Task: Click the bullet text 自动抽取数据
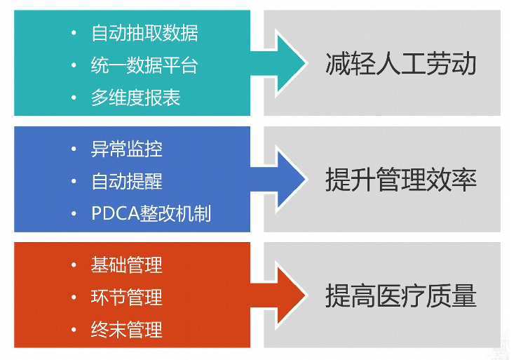[x=144, y=33]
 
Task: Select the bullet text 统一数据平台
[x=144, y=65]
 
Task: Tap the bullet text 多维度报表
[x=135, y=98]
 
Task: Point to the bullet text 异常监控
[x=126, y=149]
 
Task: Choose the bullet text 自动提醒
[x=126, y=181]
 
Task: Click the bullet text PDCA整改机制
[x=151, y=213]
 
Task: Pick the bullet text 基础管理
[x=126, y=265]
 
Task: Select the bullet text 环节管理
[x=126, y=297]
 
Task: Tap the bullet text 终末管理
[x=126, y=329]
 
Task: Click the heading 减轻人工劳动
[x=400, y=65]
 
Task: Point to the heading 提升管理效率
[x=400, y=180]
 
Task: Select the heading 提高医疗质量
[x=400, y=296]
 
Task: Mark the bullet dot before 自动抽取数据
[x=74, y=33]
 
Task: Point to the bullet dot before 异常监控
[x=74, y=149]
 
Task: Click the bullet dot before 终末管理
[x=74, y=329]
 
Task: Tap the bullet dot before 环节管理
[x=74, y=297]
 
